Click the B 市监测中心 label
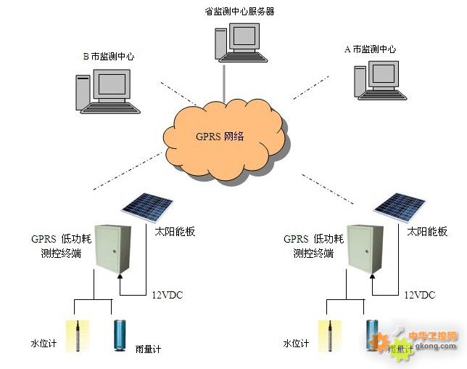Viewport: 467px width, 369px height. pyautogui.click(x=108, y=56)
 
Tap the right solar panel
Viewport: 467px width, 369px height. pyautogui.click(x=400, y=207)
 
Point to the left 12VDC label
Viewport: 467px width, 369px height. pyautogui.click(x=168, y=295)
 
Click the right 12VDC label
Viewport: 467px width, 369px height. pyautogui.click(x=419, y=295)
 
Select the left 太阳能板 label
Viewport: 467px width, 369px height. pyautogui.click(x=175, y=232)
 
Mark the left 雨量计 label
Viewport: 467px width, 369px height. pyautogui.click(x=148, y=349)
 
